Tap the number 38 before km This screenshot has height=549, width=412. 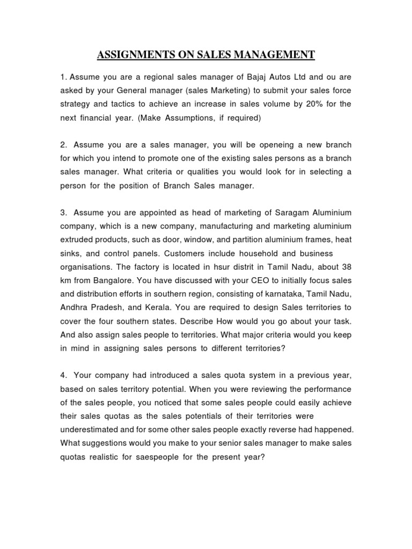tap(347, 267)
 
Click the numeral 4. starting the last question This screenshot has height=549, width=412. tap(63, 375)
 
